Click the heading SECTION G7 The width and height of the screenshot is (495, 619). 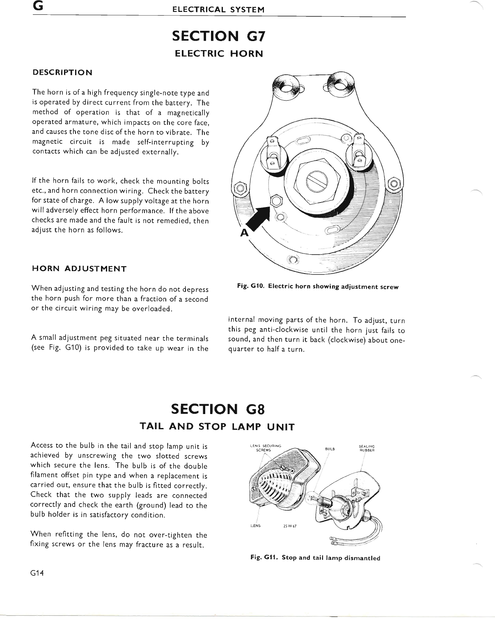pos(219,36)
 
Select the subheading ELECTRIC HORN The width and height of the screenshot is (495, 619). pos(219,53)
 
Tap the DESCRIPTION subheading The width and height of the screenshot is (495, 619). pos(62,73)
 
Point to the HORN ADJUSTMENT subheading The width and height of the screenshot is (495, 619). pos(79,269)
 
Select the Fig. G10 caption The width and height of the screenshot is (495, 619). pos(318,287)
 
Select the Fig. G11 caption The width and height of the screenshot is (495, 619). pos(315,558)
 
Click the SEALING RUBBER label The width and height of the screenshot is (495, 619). pos(364,448)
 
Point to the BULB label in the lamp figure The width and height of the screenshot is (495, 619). pos(330,449)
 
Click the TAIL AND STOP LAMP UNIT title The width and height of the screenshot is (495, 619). pos(217,427)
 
